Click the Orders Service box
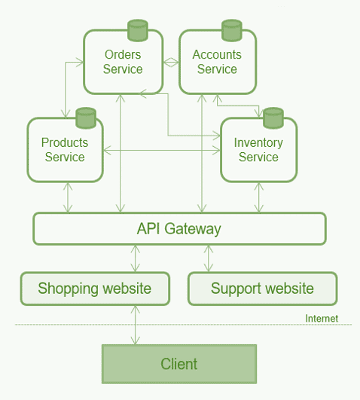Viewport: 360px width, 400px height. click(x=123, y=62)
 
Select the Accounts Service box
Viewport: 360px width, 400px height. click(x=218, y=62)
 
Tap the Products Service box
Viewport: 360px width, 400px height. click(x=65, y=150)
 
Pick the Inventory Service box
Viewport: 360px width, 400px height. click(x=259, y=150)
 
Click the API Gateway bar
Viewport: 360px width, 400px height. click(x=179, y=228)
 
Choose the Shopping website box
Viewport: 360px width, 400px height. click(x=95, y=289)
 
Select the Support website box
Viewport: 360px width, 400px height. click(x=263, y=289)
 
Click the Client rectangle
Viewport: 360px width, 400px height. click(x=179, y=364)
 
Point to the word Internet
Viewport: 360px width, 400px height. click(x=322, y=319)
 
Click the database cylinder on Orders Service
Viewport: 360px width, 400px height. click(x=138, y=30)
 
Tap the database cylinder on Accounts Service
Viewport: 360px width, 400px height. click(x=232, y=30)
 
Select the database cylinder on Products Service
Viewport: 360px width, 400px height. click(x=86, y=118)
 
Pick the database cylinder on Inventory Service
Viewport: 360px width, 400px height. click(x=273, y=118)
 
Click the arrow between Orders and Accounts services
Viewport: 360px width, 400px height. click(x=171, y=62)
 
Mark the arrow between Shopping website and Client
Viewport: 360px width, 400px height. click(x=136, y=325)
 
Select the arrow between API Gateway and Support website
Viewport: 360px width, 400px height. click(x=209, y=258)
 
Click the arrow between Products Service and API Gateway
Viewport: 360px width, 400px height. click(x=68, y=197)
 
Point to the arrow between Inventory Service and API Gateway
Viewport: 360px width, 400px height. click(x=259, y=197)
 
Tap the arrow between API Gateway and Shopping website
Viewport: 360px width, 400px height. click(x=136, y=258)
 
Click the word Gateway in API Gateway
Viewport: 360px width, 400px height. click(x=193, y=229)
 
